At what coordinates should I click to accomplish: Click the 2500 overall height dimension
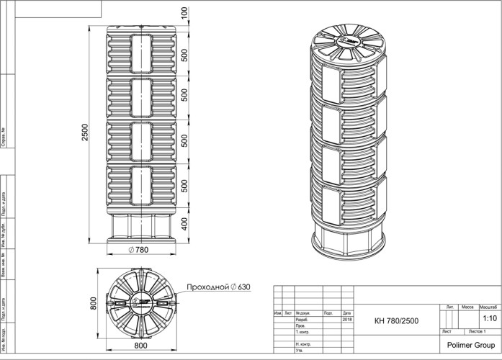pyautogui.click(x=86, y=132)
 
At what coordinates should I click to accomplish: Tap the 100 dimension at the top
pyautogui.click(x=184, y=13)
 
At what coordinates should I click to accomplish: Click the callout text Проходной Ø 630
pyautogui.click(x=218, y=287)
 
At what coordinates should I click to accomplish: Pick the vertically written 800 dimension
pyautogui.click(x=93, y=304)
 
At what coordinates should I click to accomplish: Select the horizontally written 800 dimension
pyautogui.click(x=140, y=346)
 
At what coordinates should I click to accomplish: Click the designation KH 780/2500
pyautogui.click(x=396, y=320)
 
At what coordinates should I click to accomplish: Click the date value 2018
pyautogui.click(x=347, y=320)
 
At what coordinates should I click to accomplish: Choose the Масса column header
pyautogui.click(x=467, y=307)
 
